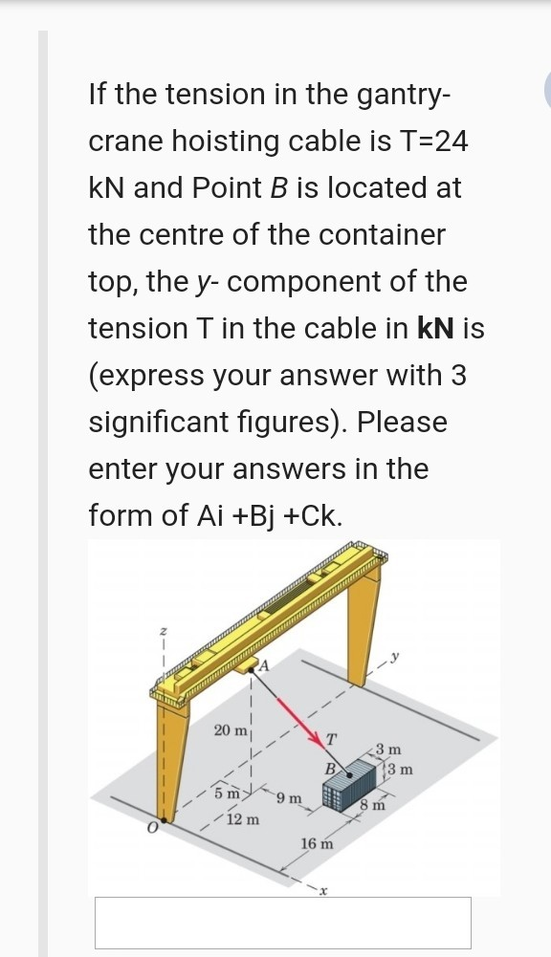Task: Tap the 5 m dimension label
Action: tap(226, 793)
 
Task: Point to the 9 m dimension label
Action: tap(288, 797)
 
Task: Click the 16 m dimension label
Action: tap(317, 843)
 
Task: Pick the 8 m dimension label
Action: tap(371, 805)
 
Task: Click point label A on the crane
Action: tap(267, 665)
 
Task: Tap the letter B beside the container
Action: tap(329, 768)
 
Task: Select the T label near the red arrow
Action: tap(331, 737)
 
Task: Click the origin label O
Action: tap(151, 828)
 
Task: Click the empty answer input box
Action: tap(282, 922)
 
